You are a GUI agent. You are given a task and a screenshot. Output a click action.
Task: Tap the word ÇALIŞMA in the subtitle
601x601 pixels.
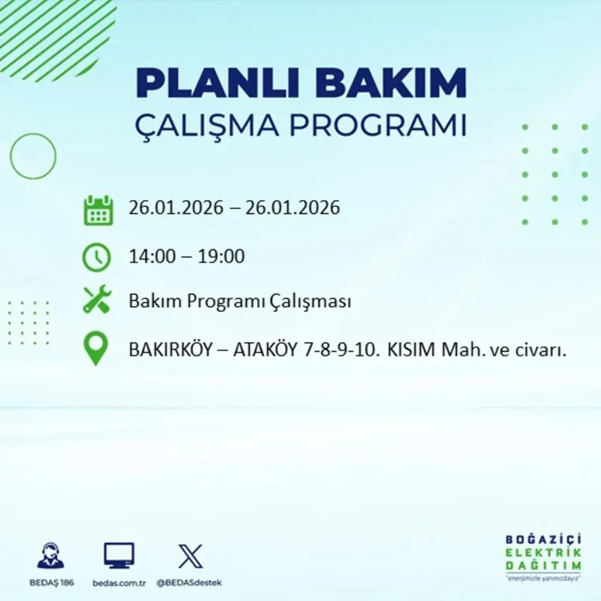click(207, 125)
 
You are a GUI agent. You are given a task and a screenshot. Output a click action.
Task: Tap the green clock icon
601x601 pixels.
click(97, 258)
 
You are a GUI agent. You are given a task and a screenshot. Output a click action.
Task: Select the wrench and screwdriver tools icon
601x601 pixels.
click(97, 300)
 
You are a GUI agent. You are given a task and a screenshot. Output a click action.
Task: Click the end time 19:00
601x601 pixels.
click(221, 256)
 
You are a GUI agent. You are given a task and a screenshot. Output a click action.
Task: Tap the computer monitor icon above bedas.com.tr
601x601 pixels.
click(119, 555)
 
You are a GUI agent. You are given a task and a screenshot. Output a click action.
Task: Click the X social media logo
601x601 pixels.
click(191, 556)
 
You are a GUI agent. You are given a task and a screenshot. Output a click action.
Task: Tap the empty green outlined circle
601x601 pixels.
click(33, 156)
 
